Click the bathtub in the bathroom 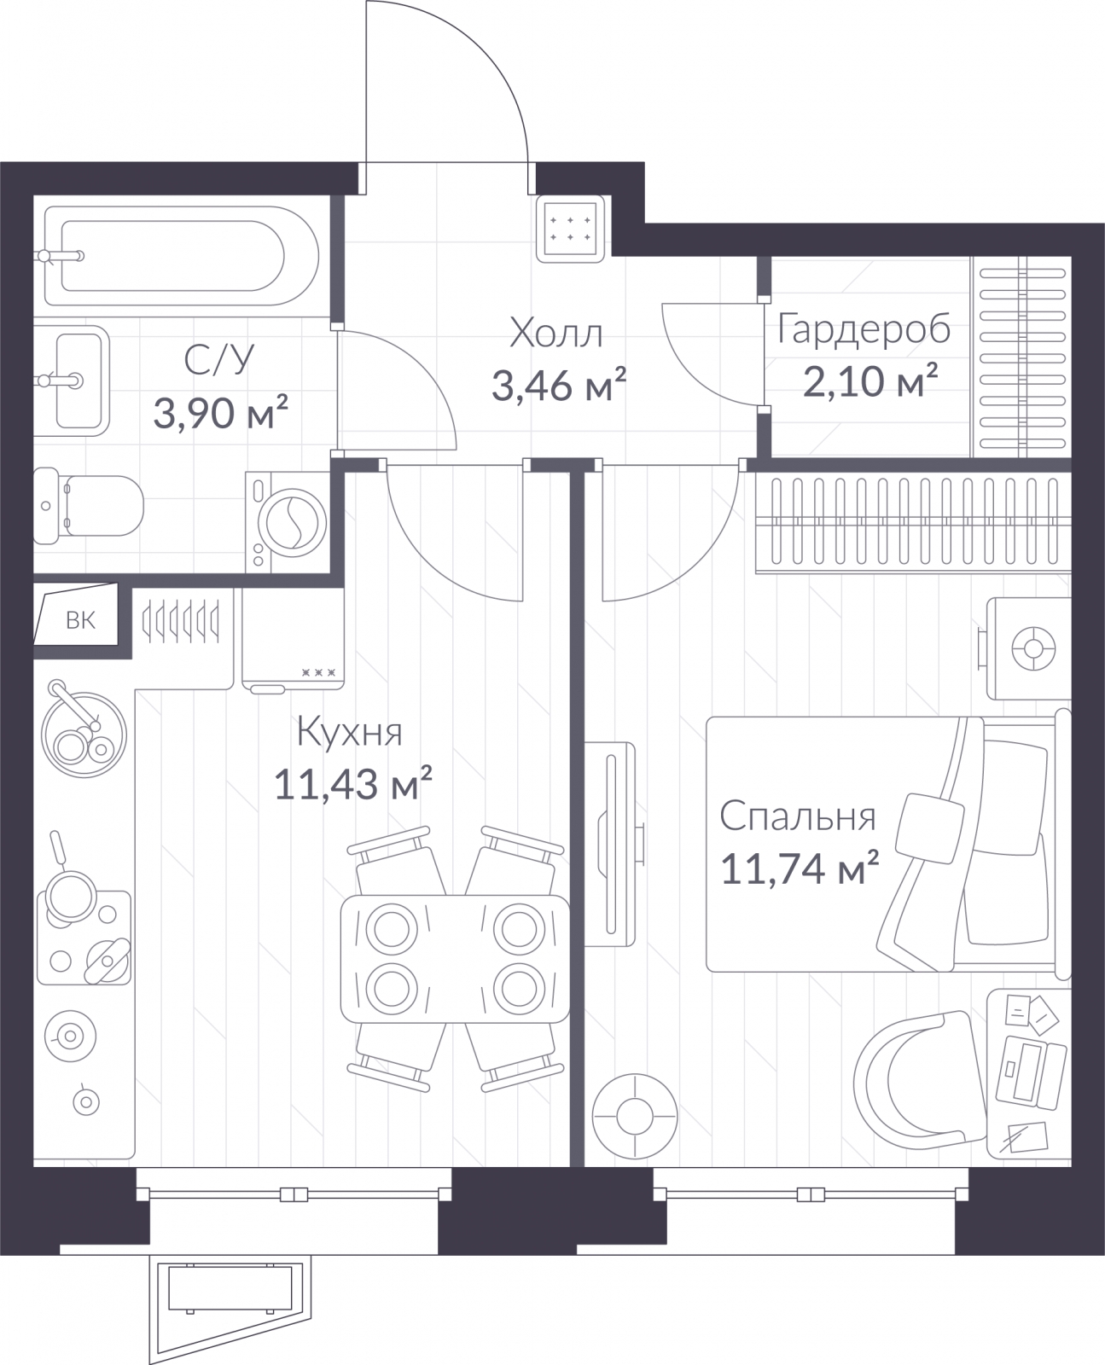[x=182, y=256]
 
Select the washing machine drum [x=292, y=522]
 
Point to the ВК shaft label [x=81, y=620]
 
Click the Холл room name [x=556, y=334]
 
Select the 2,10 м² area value [x=870, y=381]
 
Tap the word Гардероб [x=864, y=331]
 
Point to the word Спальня [x=797, y=817]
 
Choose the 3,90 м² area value [x=220, y=413]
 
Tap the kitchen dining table [x=455, y=959]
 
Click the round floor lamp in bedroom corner [x=635, y=1117]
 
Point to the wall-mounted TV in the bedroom [x=611, y=844]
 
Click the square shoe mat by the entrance [x=571, y=229]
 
